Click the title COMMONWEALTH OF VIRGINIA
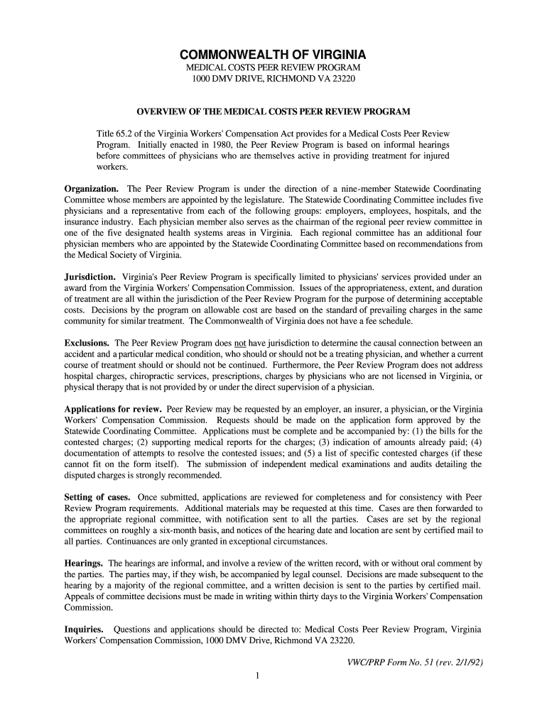[273, 55]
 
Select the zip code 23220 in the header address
[341, 77]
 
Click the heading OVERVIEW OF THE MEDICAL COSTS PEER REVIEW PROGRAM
[273, 112]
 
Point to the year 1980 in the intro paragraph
[201, 145]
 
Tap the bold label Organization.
[92, 189]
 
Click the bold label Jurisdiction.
[90, 276]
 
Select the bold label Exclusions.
[87, 343]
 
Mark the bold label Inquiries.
[85, 629]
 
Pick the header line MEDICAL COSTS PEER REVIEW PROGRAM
[273, 66]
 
